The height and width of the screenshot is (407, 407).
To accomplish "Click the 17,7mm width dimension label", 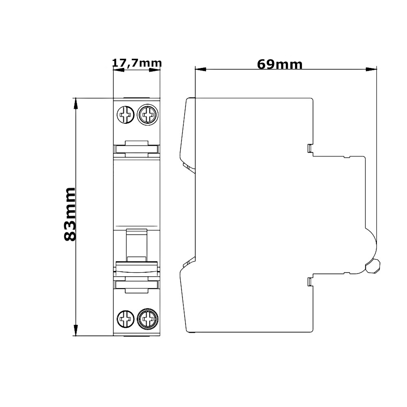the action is click(137, 63).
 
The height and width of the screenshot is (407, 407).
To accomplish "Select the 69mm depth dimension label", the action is click(280, 64).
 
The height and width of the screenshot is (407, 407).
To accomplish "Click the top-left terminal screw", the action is click(126, 114).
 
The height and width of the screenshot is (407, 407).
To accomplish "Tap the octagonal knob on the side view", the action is click(372, 266).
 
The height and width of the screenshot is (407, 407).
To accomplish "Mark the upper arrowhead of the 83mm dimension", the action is click(76, 104).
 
